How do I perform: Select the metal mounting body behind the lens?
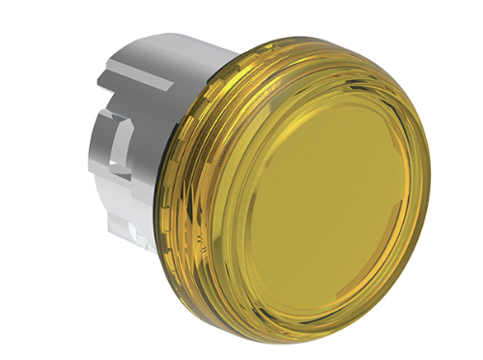point(145,145)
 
